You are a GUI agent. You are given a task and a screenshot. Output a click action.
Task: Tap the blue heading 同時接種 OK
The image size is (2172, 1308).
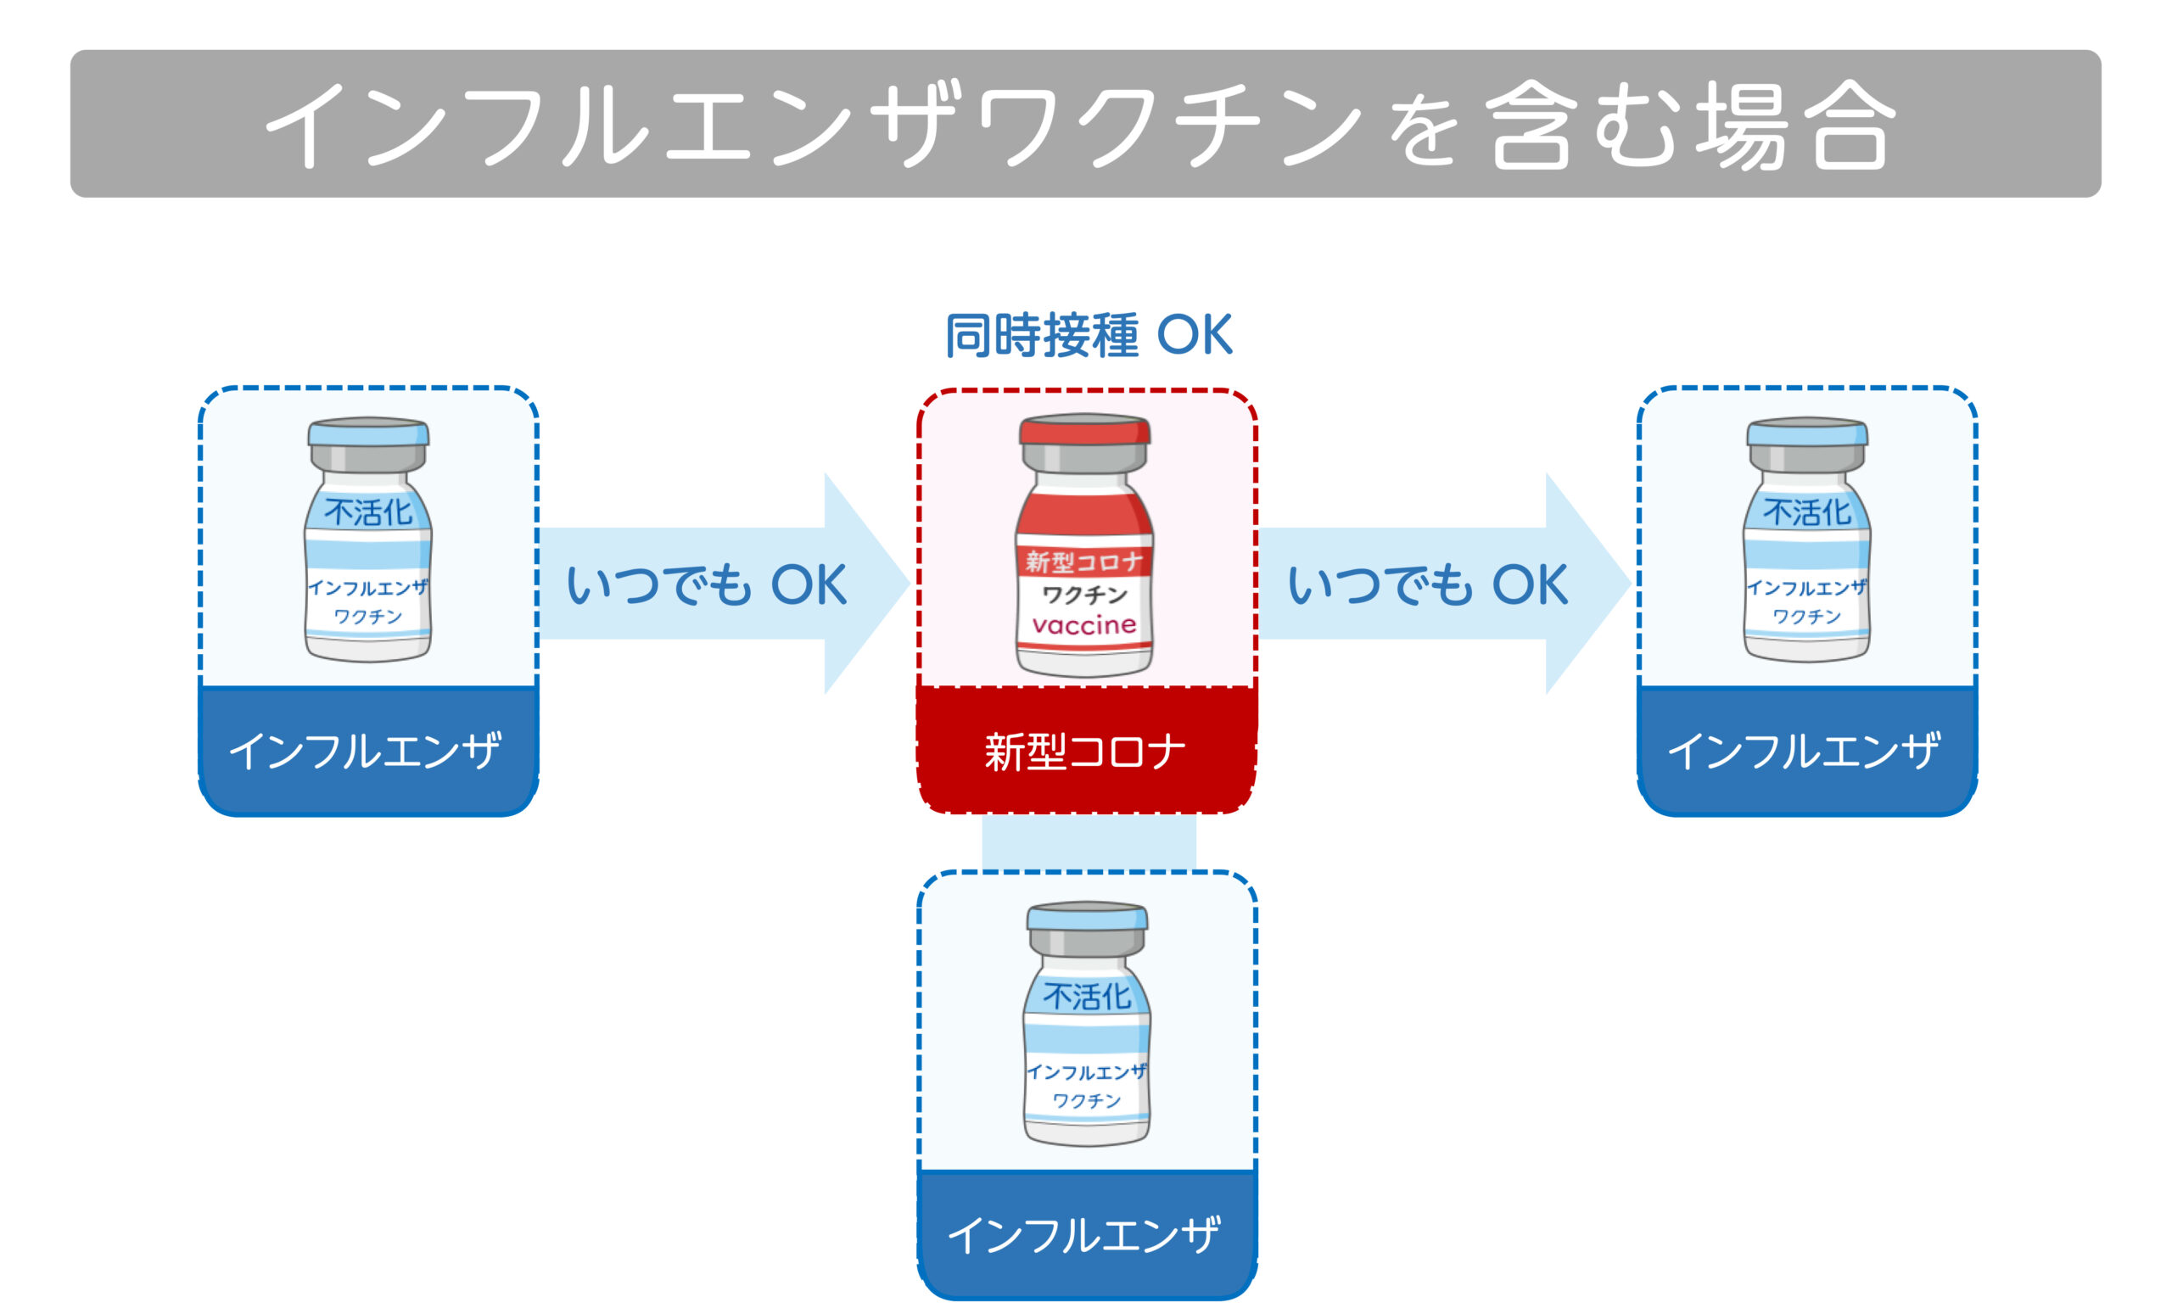tap(1089, 335)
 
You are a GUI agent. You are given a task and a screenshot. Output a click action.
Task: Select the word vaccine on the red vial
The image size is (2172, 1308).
tap(1085, 625)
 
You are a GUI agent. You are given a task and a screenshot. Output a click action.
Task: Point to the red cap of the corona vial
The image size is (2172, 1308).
tap(1085, 429)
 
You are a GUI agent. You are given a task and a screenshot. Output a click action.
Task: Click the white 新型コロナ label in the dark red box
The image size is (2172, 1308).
tap(1085, 752)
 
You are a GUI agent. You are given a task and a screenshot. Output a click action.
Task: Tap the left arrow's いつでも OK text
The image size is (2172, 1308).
tap(706, 584)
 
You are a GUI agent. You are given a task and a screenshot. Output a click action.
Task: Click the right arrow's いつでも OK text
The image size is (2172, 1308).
tap(1428, 584)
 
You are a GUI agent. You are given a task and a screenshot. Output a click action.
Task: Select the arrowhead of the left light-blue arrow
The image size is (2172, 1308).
tap(867, 584)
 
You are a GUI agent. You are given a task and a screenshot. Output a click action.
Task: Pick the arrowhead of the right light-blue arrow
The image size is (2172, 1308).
tap(1588, 584)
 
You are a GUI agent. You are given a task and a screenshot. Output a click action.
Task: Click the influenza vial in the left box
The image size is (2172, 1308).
tap(368, 539)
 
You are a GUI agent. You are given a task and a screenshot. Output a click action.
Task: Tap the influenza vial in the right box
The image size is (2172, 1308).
tap(1807, 539)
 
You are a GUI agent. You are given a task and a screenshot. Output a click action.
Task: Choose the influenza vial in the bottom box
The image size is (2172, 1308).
tap(1087, 1023)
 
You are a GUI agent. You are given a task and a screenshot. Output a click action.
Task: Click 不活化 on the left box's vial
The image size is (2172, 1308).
tap(368, 512)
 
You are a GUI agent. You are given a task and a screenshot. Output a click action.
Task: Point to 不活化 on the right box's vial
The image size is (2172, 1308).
tap(1807, 512)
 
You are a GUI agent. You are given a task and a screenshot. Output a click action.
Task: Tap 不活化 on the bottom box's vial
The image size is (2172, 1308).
tap(1087, 997)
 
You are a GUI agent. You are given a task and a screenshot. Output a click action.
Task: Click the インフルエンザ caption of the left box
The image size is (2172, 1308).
tap(365, 751)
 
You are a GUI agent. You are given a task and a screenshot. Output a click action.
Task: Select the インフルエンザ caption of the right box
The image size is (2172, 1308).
tap(1804, 751)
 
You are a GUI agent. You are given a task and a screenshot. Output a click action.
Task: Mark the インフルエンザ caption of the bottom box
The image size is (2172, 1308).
tap(1084, 1235)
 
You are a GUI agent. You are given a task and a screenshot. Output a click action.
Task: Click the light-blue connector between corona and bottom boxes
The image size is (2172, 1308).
tap(1089, 841)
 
